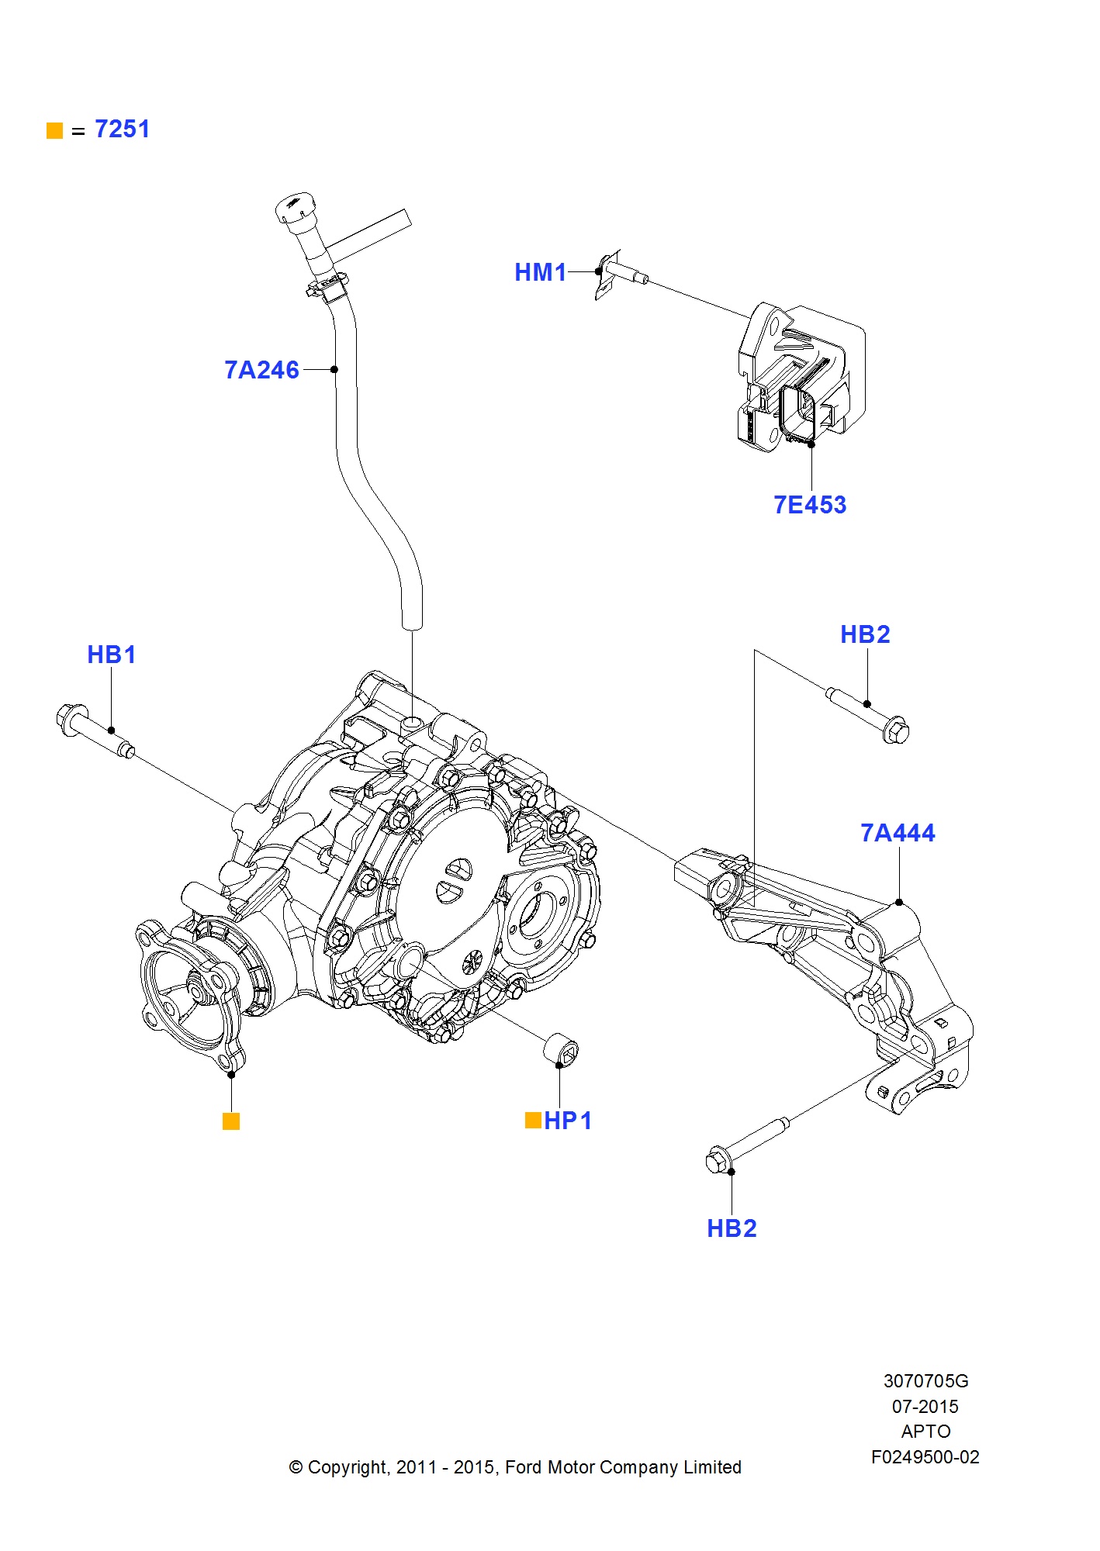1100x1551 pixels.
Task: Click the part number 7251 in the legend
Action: click(x=122, y=129)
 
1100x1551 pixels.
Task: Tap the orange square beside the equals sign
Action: click(x=54, y=130)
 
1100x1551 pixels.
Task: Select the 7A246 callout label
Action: click(x=261, y=370)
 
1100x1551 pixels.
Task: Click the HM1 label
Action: click(x=541, y=272)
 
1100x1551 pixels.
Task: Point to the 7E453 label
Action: click(x=810, y=505)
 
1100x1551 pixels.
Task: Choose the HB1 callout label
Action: click(x=111, y=655)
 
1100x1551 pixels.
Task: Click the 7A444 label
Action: click(x=898, y=833)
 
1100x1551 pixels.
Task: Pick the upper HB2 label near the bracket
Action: click(x=865, y=634)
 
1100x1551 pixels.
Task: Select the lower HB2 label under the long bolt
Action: click(x=732, y=1228)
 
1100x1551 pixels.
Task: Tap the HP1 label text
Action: click(x=568, y=1121)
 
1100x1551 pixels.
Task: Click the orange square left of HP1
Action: click(x=533, y=1120)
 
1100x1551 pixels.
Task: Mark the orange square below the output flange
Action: click(x=231, y=1121)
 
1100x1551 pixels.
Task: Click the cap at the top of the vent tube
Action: click(x=295, y=207)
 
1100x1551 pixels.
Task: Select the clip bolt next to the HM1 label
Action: click(x=621, y=272)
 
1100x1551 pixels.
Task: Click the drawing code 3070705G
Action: click(x=925, y=1381)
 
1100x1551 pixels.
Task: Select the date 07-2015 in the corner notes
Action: click(x=925, y=1407)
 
